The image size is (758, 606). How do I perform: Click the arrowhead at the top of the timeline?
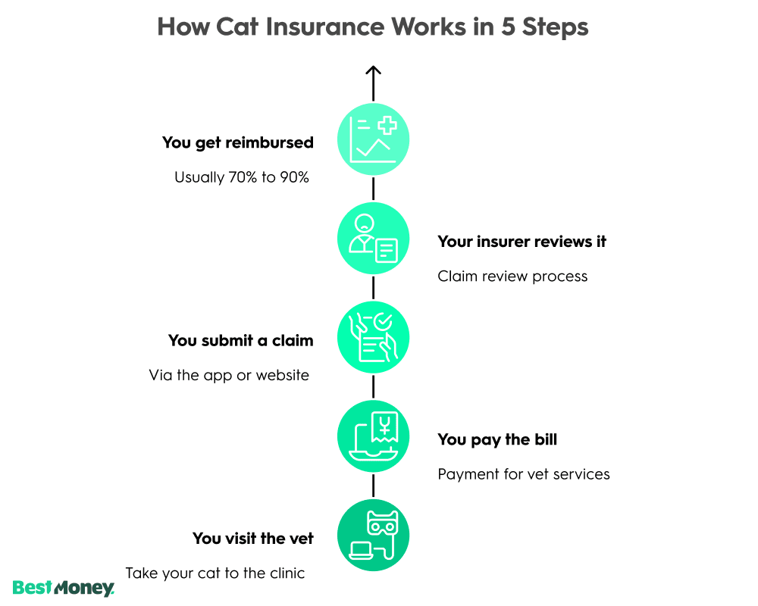point(373,71)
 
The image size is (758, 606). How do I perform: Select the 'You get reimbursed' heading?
point(237,142)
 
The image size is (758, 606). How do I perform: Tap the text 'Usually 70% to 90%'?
point(242,178)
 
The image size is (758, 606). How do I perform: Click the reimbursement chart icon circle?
point(373,139)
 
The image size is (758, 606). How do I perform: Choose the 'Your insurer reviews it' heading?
point(522,242)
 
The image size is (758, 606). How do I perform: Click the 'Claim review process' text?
point(512,276)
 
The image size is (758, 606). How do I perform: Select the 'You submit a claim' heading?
point(240,341)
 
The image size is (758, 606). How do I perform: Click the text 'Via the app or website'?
point(229,375)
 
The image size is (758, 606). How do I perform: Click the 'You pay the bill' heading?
point(497,439)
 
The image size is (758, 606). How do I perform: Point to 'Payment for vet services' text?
point(524,474)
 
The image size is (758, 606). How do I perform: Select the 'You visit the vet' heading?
point(252,539)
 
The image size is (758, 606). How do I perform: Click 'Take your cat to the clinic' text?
point(215,573)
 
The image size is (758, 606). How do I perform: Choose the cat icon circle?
point(373,536)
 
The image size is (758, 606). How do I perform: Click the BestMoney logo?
point(64,587)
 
